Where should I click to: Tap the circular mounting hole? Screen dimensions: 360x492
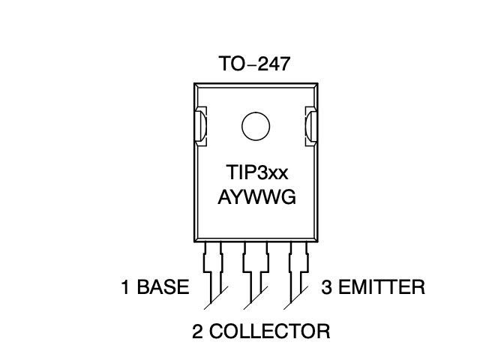pos(255,125)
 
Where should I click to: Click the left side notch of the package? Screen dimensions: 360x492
pos(200,125)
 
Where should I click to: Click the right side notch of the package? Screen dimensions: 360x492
pos(309,125)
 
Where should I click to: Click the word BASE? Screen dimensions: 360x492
pos(163,288)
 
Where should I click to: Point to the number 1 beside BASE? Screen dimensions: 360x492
pos(126,288)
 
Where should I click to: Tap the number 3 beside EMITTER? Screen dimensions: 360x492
pos(326,287)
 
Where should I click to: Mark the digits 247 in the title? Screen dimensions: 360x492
pos(271,64)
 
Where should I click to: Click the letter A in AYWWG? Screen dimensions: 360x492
pos(224,197)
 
